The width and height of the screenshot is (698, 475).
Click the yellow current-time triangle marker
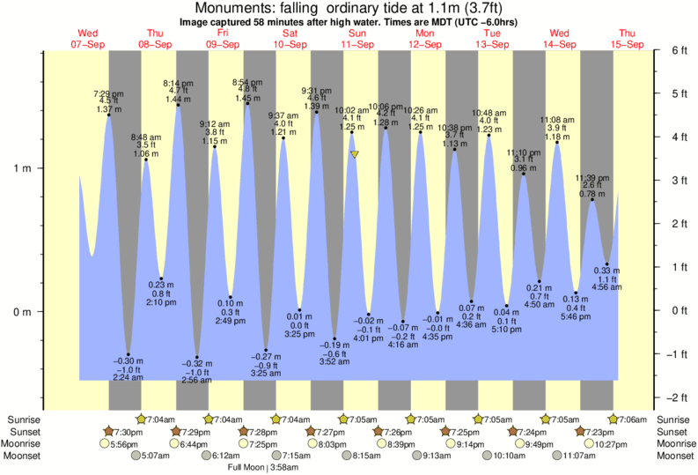[x=355, y=154]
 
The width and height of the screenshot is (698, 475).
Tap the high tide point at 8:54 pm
[x=247, y=104]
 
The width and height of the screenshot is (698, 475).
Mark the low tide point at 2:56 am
[x=196, y=358]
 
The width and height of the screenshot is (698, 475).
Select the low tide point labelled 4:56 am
[x=607, y=264]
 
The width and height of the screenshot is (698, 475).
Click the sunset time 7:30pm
[x=124, y=432]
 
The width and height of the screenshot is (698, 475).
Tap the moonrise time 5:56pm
[x=124, y=444]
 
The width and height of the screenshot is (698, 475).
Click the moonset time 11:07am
[x=576, y=456]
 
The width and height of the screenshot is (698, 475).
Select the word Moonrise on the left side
[x=26, y=444]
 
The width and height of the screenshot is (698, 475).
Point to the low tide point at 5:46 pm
[x=576, y=293]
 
